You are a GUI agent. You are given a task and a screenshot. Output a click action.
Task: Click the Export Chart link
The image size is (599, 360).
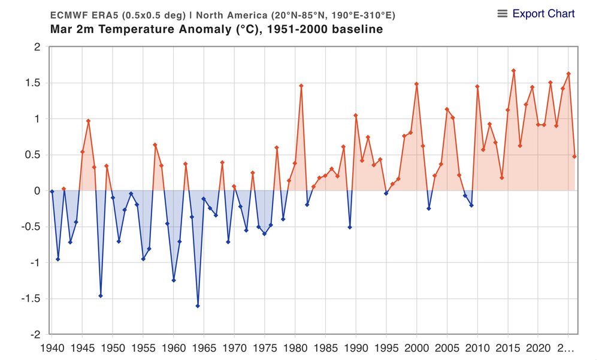pyautogui.click(x=543, y=14)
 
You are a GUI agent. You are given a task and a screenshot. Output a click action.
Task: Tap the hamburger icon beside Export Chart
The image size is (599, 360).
pyautogui.click(x=503, y=14)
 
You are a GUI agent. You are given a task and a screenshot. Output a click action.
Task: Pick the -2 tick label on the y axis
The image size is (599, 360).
pyautogui.click(x=35, y=334)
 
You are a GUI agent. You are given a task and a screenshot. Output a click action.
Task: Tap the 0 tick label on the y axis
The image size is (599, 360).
pyautogui.click(x=37, y=191)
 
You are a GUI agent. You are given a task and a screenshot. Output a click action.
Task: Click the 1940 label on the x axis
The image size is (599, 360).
pyautogui.click(x=52, y=347)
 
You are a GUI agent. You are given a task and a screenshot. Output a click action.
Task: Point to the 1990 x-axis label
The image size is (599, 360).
pyautogui.click(x=355, y=347)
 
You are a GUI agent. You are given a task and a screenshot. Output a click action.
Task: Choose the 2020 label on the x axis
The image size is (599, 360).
pyautogui.click(x=537, y=347)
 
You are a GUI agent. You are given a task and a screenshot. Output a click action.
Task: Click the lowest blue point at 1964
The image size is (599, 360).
pyautogui.click(x=198, y=305)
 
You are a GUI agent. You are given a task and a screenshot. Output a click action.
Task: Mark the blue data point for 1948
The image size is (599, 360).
pyautogui.click(x=101, y=296)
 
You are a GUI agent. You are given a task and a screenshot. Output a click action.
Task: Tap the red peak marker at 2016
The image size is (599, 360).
pyautogui.click(x=513, y=71)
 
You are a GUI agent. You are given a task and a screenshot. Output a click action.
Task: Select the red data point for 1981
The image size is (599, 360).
pyautogui.click(x=301, y=86)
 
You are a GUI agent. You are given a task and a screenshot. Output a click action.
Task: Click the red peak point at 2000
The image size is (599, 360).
pyautogui.click(x=416, y=84)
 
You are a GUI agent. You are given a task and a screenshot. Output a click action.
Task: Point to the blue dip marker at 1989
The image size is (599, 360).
pyautogui.click(x=350, y=227)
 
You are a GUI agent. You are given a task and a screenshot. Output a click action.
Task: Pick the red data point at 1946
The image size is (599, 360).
pyautogui.click(x=89, y=121)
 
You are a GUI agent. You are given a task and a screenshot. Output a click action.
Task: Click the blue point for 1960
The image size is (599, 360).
pyautogui.click(x=174, y=280)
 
